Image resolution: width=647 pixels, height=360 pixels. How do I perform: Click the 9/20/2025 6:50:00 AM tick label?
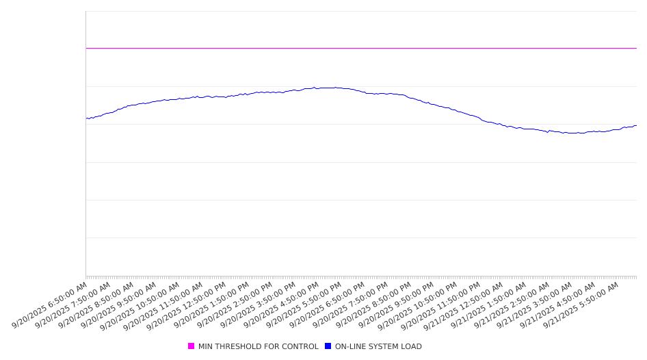point(50,305)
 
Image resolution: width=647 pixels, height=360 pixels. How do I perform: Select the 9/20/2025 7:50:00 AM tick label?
point(73,305)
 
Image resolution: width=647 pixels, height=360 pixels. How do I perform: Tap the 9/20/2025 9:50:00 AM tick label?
point(119,305)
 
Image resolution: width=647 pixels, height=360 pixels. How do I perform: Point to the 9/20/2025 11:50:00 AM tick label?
point(163,305)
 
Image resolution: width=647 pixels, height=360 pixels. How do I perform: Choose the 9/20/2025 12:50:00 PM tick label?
point(187,305)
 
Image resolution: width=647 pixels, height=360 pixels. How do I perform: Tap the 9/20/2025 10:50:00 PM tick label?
point(418,305)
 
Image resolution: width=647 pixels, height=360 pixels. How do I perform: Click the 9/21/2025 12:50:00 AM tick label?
point(464,305)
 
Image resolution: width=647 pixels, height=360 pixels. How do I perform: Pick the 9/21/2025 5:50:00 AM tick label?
point(582,305)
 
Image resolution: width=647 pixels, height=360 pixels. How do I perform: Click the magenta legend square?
point(191,346)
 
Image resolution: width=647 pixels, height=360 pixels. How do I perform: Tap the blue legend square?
point(328,346)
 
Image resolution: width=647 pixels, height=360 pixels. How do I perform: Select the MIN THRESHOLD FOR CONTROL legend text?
point(258,346)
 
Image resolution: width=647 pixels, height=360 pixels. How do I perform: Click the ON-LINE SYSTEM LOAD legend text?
point(378,346)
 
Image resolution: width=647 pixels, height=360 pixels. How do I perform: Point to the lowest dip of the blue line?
point(575,133)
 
